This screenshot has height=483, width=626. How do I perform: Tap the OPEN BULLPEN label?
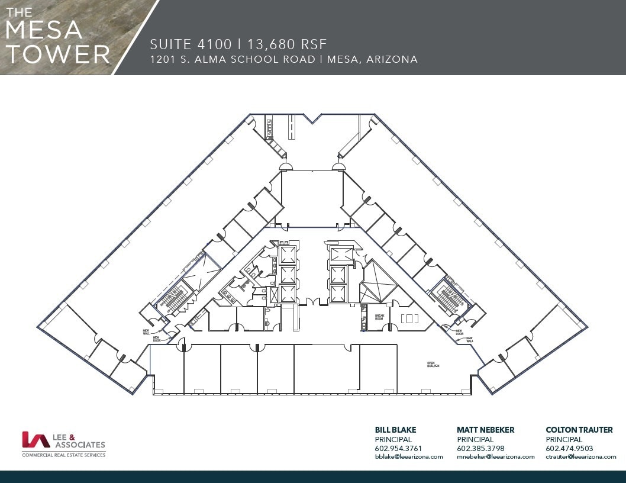pos(435,365)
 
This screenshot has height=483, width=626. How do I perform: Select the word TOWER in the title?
pos(58,54)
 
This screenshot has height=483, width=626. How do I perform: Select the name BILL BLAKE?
pos(395,430)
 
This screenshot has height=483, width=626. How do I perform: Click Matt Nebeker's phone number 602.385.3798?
pos(480,448)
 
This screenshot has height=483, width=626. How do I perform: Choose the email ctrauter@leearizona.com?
pos(580,456)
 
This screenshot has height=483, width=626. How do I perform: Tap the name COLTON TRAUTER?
pos(579,430)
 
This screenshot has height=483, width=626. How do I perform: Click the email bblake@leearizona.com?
pos(409,456)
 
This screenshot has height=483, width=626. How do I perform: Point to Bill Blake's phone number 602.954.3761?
pos(399,448)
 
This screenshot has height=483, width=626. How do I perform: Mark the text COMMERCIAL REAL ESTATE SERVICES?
pos(63,455)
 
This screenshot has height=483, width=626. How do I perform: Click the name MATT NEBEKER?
pos(485,430)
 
